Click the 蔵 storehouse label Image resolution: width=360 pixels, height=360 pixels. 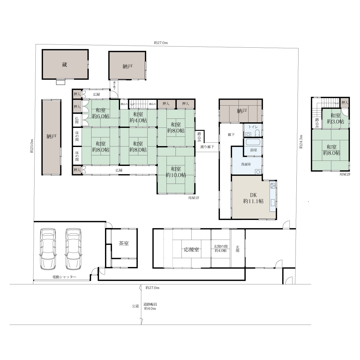coord(64,65)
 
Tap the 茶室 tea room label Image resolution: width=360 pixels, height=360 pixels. coord(124,243)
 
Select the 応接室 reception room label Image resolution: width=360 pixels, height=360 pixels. coord(191,250)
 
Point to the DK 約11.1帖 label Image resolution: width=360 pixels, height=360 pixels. coord(253,198)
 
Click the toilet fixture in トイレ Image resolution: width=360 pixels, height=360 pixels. coord(257,133)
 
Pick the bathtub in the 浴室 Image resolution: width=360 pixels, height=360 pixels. coord(253,142)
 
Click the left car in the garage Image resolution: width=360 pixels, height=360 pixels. coord(48,249)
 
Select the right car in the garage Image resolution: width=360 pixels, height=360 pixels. coord(73,249)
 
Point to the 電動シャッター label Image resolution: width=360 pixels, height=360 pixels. coord(64,277)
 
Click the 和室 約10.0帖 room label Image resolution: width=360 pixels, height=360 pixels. coord(176,172)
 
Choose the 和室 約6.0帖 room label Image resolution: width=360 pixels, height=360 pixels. coord(101,113)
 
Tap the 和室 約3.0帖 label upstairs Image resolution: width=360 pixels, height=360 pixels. coord(335,118)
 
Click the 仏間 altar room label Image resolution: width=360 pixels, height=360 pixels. coord(77,120)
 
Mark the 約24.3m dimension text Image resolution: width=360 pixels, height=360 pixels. coord(301,142)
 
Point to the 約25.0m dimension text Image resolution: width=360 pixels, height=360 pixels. coord(32,146)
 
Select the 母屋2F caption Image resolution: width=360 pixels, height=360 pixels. coord(345,174)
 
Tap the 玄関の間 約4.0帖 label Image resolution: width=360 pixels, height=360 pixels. coord(220,248)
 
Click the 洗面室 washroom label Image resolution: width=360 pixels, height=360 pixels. coord(246,164)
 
